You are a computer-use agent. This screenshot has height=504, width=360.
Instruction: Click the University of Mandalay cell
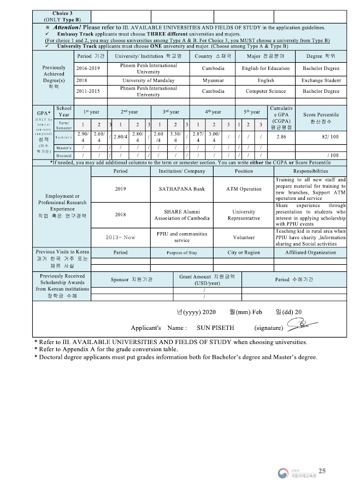[148, 80]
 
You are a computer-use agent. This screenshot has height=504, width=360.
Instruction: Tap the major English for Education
[265, 68]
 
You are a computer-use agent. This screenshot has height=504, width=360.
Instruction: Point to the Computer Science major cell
[265, 91]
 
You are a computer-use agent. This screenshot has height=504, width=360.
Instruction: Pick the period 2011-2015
[88, 91]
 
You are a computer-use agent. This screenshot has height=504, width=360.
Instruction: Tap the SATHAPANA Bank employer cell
[181, 189]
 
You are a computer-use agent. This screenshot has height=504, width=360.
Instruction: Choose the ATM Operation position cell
[244, 189]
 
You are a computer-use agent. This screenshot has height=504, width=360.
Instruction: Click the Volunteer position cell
[244, 238]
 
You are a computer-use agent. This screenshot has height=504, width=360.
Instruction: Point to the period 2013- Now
[120, 238]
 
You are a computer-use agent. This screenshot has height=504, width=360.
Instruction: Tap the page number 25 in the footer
[322, 471]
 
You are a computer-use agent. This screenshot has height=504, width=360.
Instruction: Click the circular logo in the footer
[282, 473]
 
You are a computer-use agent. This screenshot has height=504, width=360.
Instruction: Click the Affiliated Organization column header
[310, 252]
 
